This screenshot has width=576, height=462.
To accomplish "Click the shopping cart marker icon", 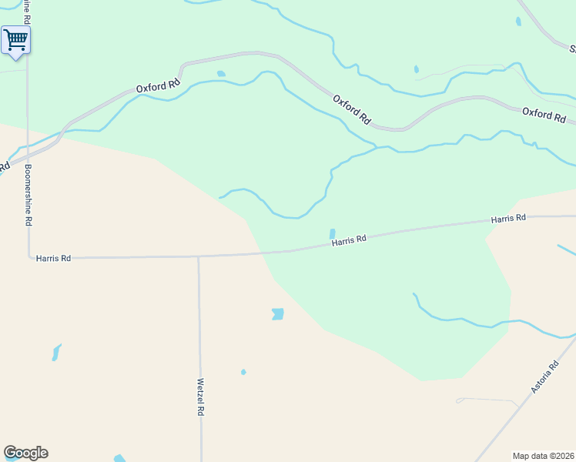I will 15,39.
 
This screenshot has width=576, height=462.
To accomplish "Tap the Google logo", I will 25,453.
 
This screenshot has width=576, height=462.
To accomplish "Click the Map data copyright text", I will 543,456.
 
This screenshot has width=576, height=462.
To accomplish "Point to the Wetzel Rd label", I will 200,397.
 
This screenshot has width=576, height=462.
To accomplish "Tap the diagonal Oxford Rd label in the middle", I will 352,110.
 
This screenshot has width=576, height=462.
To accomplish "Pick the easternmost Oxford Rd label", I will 544,115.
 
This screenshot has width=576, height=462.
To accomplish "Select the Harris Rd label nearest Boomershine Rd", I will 53,259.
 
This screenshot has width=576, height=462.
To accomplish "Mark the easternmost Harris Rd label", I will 508,219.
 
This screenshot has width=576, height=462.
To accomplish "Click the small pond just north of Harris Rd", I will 333,233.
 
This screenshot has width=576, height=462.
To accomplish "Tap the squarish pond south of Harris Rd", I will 278,313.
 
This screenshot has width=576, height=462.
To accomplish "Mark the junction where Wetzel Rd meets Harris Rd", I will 199,257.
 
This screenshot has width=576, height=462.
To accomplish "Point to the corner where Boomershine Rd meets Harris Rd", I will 29,256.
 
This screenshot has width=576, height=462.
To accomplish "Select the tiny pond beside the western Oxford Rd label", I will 222,74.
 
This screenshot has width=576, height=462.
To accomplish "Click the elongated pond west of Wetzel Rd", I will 55,353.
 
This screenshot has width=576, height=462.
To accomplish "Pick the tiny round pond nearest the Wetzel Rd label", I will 243,372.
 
